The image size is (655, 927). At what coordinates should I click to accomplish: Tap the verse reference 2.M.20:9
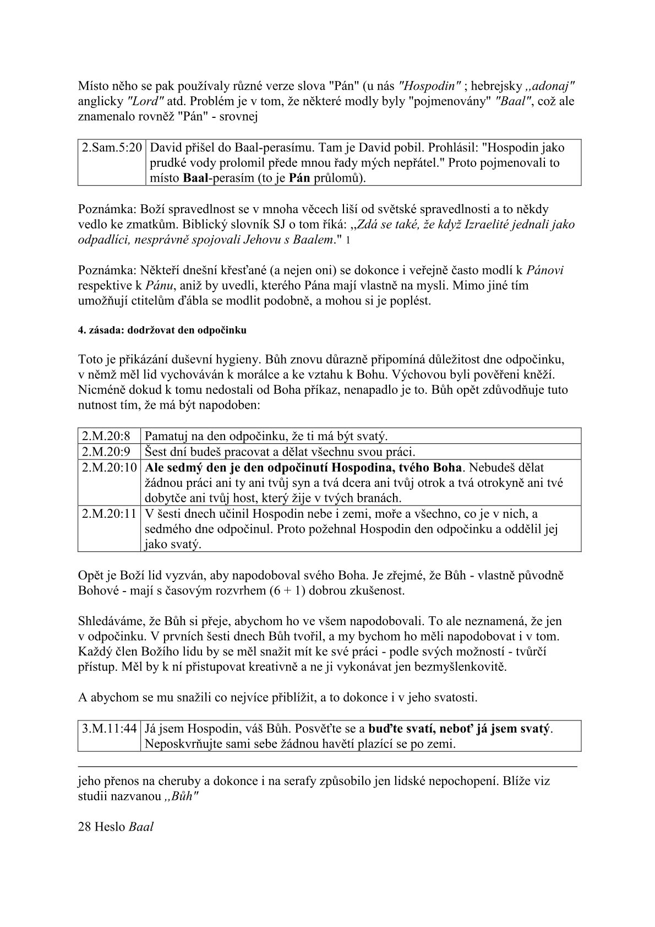click(106, 452)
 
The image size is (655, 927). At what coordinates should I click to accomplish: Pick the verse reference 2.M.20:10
click(109, 468)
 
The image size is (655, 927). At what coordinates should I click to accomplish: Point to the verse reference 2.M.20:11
click(109, 514)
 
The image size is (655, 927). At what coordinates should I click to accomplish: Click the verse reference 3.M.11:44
click(109, 728)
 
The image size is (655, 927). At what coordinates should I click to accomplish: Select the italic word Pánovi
click(545, 270)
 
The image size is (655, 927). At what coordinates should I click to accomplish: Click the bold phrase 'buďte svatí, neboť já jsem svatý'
click(459, 728)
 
